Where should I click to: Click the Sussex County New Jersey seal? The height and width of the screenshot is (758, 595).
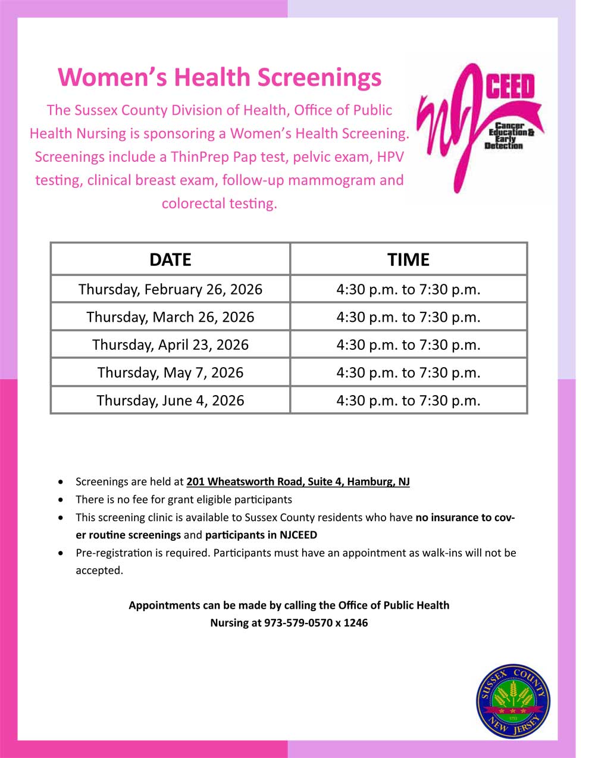tap(513, 702)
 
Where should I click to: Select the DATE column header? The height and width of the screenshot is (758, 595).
tap(170, 259)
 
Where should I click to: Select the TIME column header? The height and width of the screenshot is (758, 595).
tap(408, 259)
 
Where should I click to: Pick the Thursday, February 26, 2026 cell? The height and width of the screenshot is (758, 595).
tap(170, 289)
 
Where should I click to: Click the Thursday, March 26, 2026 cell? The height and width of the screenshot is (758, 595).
tap(170, 317)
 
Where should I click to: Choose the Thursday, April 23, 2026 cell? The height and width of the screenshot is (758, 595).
tap(170, 345)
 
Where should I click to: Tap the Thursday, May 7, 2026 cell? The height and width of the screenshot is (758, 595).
tap(170, 373)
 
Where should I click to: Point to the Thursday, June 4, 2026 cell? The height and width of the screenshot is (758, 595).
tap(170, 400)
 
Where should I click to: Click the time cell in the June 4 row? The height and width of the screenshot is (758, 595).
tap(408, 400)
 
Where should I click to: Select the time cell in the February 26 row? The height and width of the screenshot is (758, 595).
tap(408, 289)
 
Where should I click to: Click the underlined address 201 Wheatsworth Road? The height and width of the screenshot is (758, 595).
tap(297, 482)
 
